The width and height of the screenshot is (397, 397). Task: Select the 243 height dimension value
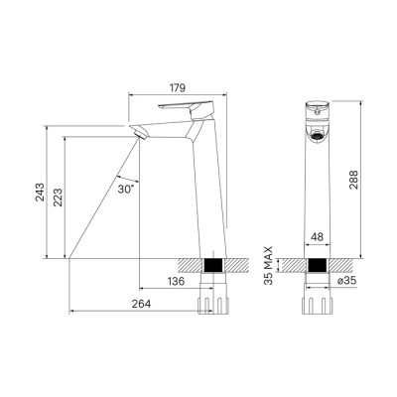(x=37, y=192)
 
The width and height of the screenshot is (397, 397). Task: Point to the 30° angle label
(x=125, y=187)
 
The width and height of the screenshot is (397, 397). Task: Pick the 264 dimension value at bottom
(x=140, y=304)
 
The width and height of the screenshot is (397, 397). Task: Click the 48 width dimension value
(x=317, y=237)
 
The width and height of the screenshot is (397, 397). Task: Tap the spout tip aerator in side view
(x=138, y=133)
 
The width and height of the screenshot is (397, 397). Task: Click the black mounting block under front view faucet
(x=317, y=267)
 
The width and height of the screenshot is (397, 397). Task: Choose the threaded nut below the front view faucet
(x=317, y=302)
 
